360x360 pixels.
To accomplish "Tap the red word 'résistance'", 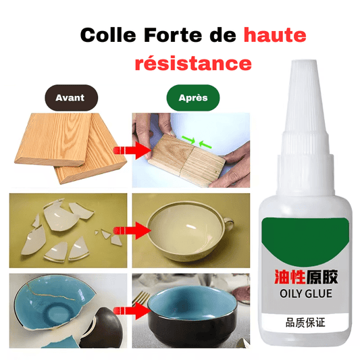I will [193, 63].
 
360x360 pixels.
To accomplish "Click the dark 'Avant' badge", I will [70, 97].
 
